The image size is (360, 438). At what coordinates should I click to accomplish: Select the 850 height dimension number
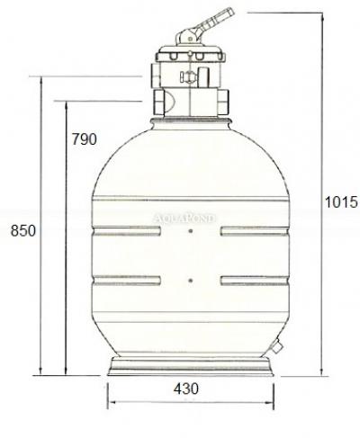click(x=22, y=230)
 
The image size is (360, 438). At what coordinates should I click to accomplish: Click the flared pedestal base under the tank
click(x=191, y=368)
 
